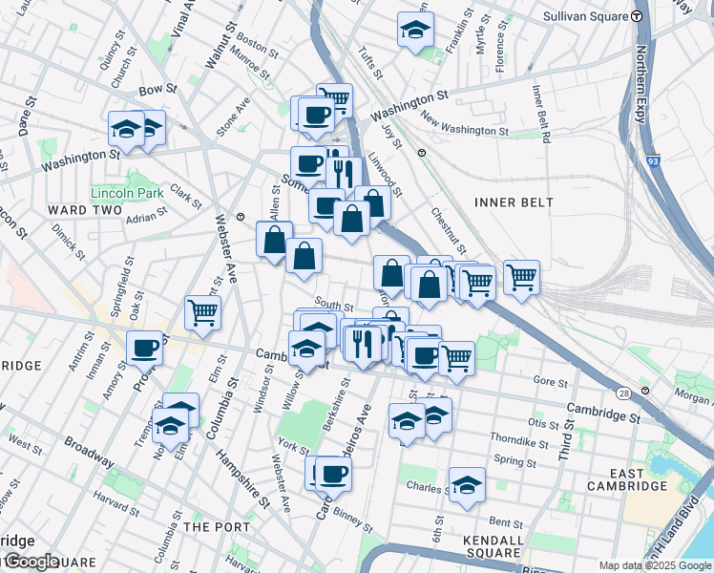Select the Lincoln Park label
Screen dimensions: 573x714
click(127, 193)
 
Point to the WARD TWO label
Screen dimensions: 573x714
click(85, 210)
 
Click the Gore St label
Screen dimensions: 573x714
click(550, 380)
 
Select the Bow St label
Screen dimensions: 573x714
click(157, 89)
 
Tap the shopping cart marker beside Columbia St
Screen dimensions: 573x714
click(203, 312)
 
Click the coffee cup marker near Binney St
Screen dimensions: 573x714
click(333, 473)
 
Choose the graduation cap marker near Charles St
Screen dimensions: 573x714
click(467, 485)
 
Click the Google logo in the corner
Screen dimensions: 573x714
click(31, 562)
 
